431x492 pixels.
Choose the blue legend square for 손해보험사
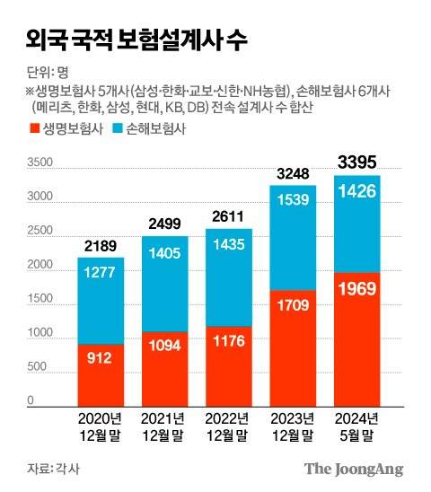pos(120,129)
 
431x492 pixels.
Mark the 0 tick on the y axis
pos(31,400)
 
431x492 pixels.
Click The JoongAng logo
pos(353,468)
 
